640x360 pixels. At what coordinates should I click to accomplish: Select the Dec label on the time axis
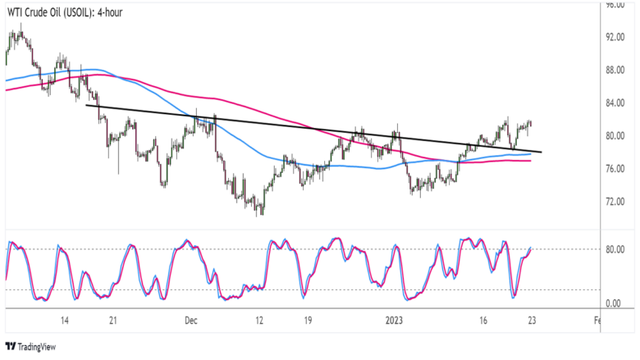(190, 321)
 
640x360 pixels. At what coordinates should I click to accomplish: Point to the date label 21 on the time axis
(114, 321)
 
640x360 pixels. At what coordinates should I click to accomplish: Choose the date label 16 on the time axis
(483, 321)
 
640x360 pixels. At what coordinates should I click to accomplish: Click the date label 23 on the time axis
(533, 321)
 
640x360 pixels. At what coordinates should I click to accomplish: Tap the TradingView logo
(34, 347)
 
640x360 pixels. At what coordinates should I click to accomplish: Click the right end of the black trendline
(541, 152)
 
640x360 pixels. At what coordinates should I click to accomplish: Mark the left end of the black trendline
(85, 105)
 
